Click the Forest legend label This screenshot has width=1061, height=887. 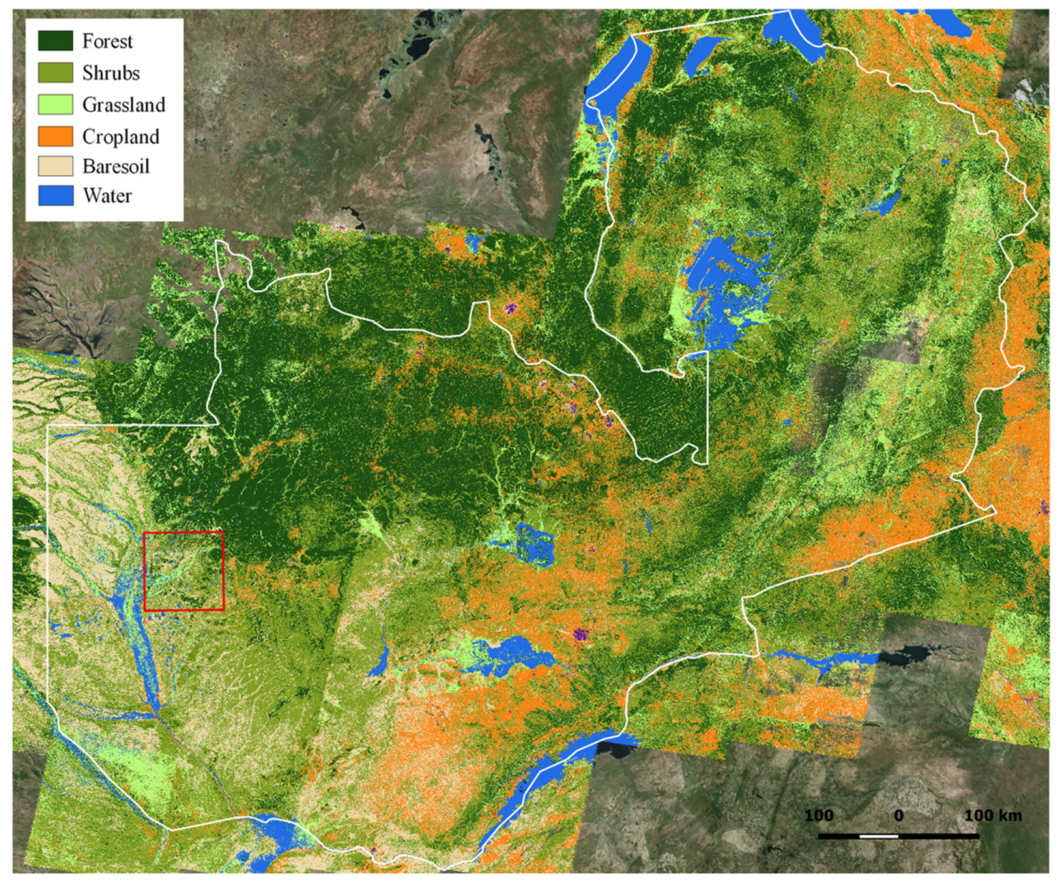point(107,42)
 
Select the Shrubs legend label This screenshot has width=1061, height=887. point(110,73)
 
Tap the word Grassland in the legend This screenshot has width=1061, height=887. point(123,105)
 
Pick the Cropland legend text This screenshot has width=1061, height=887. point(120,137)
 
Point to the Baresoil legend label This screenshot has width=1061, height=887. point(115,167)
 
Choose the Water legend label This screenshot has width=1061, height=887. point(107,196)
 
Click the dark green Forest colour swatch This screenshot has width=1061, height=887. point(55,41)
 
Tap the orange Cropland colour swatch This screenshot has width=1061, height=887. point(55,136)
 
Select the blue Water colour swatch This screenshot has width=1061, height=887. point(55,195)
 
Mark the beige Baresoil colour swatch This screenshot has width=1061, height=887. point(55,166)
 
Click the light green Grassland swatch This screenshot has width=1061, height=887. point(55,105)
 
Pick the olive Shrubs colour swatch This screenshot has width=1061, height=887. point(55,72)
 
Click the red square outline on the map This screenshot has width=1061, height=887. point(183,533)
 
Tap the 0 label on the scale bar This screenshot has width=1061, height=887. point(898,816)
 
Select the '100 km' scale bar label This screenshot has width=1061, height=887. point(992,816)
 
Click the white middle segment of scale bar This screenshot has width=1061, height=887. point(878,836)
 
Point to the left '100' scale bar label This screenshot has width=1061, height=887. point(818,816)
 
